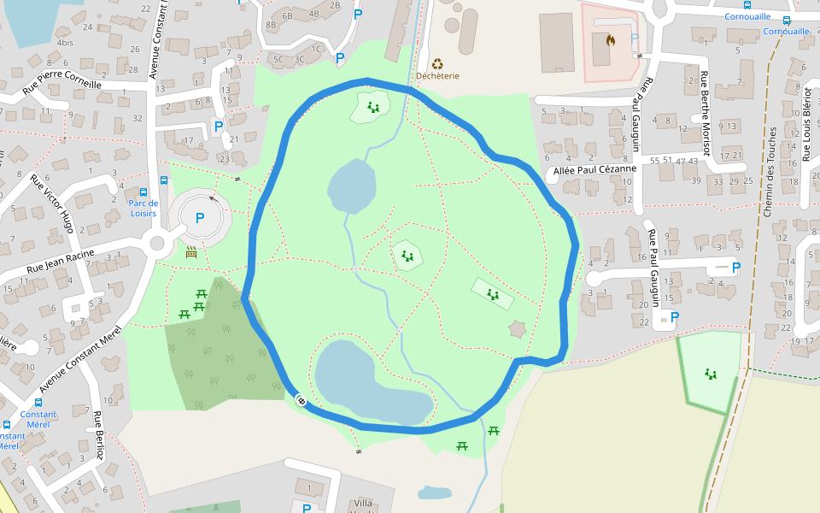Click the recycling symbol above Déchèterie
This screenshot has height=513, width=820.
point(437,62)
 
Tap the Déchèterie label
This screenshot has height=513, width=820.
point(437,75)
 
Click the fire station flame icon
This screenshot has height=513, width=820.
point(610,39)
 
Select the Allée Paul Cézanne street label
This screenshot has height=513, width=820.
point(595,169)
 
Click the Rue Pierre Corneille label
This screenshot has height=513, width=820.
point(62,85)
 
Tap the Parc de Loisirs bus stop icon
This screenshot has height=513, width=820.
point(142,192)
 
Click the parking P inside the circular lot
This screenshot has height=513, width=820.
point(200,218)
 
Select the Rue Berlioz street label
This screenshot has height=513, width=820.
point(99,435)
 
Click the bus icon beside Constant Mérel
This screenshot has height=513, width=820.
point(38,403)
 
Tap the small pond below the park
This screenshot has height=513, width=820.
point(435,492)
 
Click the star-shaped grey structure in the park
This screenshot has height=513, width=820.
point(517,329)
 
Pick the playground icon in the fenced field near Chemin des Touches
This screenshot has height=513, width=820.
point(710,374)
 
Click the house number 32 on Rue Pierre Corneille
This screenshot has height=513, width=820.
point(138,118)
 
